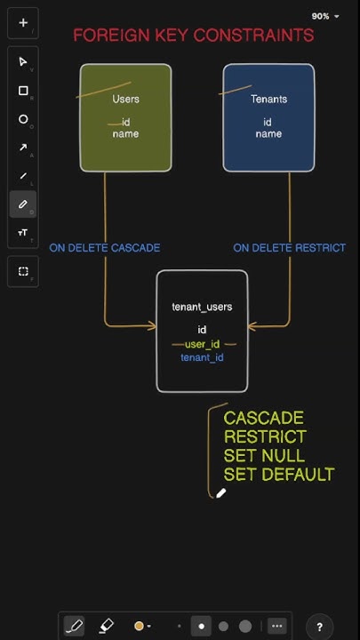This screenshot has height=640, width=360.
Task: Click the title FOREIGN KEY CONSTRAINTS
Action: click(193, 36)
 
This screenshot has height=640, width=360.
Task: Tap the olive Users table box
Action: click(125, 117)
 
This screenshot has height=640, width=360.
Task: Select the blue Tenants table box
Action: click(268, 117)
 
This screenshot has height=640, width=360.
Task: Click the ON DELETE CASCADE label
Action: click(105, 248)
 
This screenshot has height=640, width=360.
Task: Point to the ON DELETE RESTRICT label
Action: click(289, 248)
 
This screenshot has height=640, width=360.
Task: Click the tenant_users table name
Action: click(202, 307)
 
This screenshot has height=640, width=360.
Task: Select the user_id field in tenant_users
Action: click(202, 344)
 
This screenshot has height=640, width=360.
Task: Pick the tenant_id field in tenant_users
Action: click(202, 357)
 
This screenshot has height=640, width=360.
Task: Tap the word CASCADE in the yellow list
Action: click(263, 418)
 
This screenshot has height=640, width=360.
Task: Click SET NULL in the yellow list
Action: click(264, 456)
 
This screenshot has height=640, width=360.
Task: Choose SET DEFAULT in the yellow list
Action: click(278, 475)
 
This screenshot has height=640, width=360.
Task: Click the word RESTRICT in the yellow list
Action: click(265, 436)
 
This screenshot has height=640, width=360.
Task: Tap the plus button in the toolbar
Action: click(23, 23)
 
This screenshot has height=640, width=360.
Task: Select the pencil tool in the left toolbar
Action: click(23, 204)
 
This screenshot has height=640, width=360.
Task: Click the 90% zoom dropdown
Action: click(325, 16)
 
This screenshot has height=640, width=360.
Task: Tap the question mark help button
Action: click(320, 627)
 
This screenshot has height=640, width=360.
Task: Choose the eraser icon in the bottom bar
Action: click(106, 626)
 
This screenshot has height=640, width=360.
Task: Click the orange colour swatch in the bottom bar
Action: click(139, 626)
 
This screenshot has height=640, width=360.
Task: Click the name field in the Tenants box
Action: click(268, 134)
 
